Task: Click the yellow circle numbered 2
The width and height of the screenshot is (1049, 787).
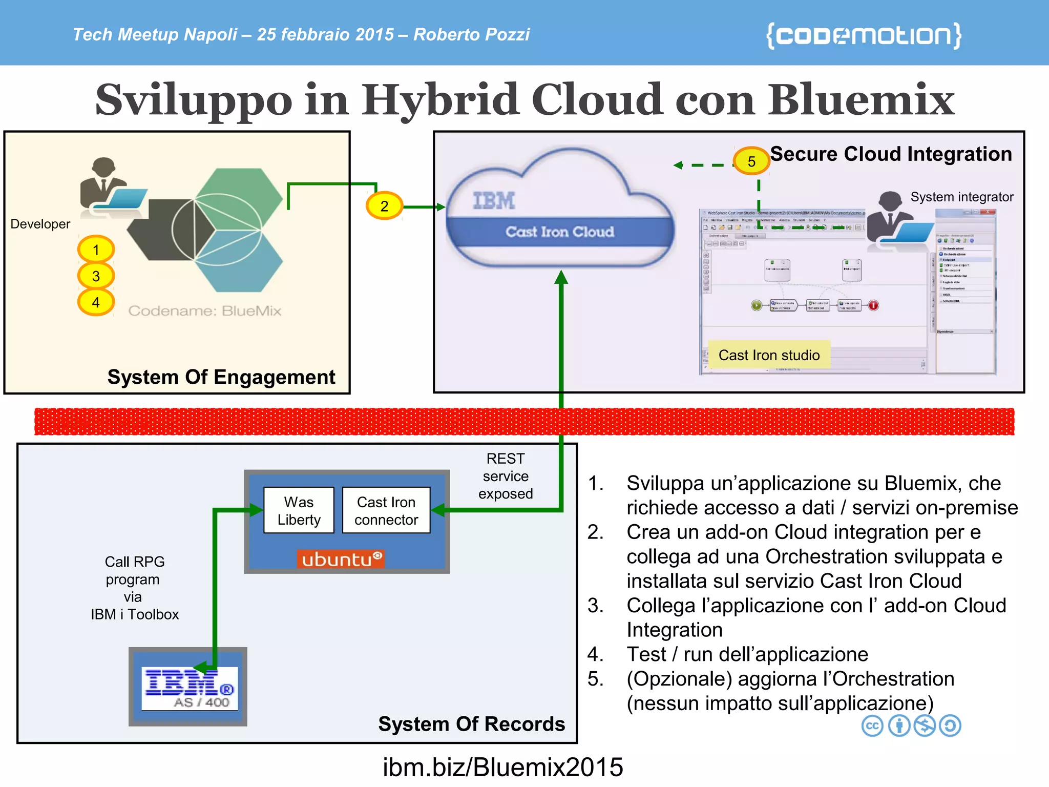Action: pyautogui.click(x=384, y=206)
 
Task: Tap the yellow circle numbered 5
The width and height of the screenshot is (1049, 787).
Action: pyautogui.click(x=751, y=161)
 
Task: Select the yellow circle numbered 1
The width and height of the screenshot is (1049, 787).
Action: pyautogui.click(x=96, y=250)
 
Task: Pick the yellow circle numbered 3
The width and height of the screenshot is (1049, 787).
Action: pyautogui.click(x=96, y=276)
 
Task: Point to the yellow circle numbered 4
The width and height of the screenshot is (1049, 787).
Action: pyautogui.click(x=96, y=302)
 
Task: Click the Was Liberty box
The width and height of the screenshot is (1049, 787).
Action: pyautogui.click(x=299, y=510)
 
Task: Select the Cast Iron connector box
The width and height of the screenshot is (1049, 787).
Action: pyautogui.click(x=386, y=510)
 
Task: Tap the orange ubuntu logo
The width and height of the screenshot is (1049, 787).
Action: pyautogui.click(x=340, y=558)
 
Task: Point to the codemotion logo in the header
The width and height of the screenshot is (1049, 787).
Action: pyautogui.click(x=864, y=35)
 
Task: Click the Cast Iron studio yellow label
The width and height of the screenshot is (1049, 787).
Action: pyautogui.click(x=769, y=355)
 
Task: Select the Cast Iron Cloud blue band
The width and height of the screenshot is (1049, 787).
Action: pyautogui.click(x=559, y=232)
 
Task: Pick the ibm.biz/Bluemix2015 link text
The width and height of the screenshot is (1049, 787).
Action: pyautogui.click(x=502, y=768)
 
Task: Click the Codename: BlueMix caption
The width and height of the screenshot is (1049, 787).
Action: pyautogui.click(x=205, y=310)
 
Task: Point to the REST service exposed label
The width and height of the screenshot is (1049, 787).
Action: pyautogui.click(x=506, y=476)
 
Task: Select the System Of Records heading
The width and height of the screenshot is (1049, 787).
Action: pyautogui.click(x=471, y=723)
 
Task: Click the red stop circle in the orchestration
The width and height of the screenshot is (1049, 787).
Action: pyautogui.click(x=873, y=305)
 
